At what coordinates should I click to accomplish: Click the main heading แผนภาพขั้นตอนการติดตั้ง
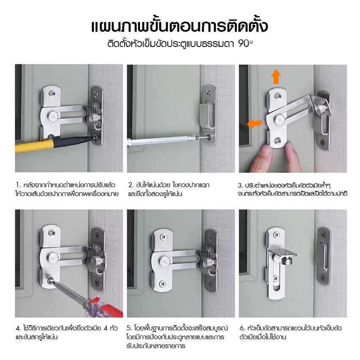(x=180, y=26)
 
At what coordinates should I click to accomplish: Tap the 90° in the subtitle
(x=245, y=43)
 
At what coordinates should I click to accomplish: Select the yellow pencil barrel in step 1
(x=34, y=146)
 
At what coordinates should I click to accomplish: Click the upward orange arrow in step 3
(x=276, y=77)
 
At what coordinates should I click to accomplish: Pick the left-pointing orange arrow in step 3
(x=254, y=124)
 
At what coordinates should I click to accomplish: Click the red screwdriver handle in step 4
(x=106, y=307)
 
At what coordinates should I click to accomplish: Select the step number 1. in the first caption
(x=18, y=185)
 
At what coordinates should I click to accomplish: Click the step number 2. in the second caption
(x=131, y=185)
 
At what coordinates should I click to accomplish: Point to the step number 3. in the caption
(x=241, y=186)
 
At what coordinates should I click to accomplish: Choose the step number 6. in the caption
(x=242, y=328)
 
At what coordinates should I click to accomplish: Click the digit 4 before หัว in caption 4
(x=106, y=328)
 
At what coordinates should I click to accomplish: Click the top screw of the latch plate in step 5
(x=163, y=236)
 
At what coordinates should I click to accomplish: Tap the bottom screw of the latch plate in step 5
(x=163, y=283)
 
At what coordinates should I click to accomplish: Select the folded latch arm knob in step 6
(x=286, y=260)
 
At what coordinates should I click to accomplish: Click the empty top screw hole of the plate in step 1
(x=52, y=93)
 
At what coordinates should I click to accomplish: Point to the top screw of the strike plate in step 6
(x=324, y=235)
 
